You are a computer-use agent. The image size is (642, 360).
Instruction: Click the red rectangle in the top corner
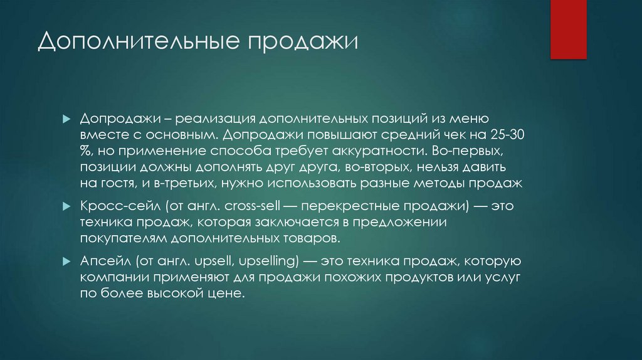(569, 29)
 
